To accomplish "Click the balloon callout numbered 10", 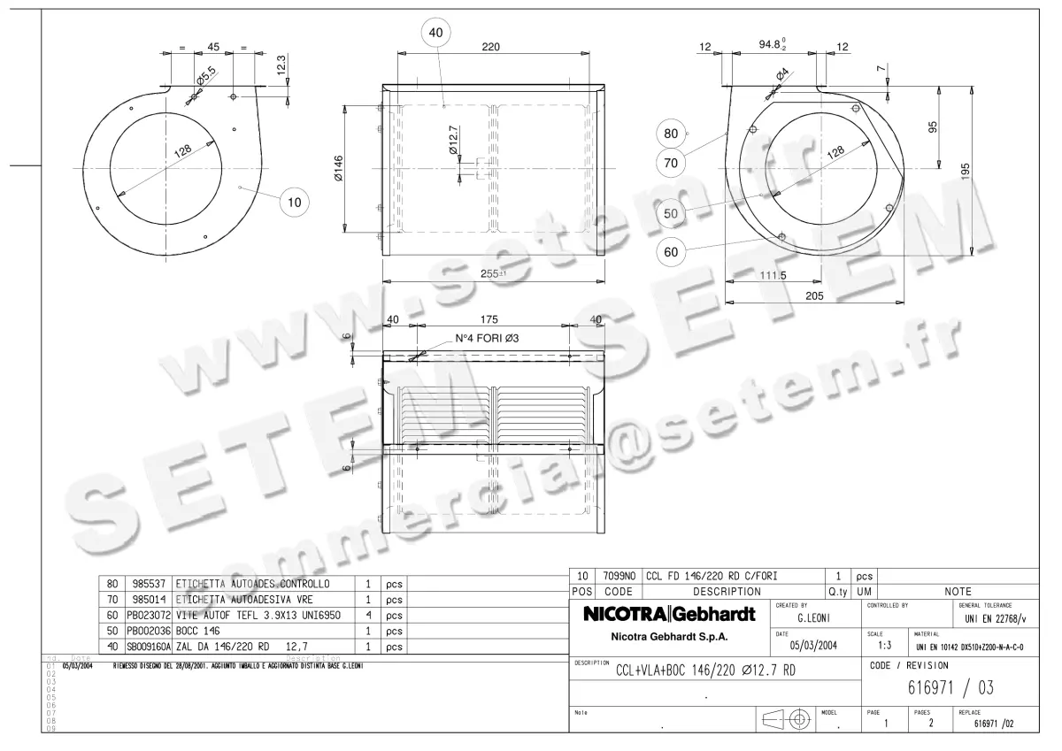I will [x=295, y=202].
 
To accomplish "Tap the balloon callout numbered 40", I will [x=435, y=33].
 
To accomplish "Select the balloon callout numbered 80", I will [x=671, y=134].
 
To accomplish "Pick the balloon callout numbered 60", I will [x=671, y=252].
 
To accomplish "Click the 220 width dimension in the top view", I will [x=493, y=47].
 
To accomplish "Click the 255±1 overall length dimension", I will [x=493, y=273].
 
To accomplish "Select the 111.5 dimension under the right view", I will [x=773, y=276].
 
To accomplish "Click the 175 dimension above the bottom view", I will [x=492, y=319].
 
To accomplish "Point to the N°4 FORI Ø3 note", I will [x=486, y=339].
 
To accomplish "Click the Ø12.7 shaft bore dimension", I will [x=453, y=141].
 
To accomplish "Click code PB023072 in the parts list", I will [x=147, y=615].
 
